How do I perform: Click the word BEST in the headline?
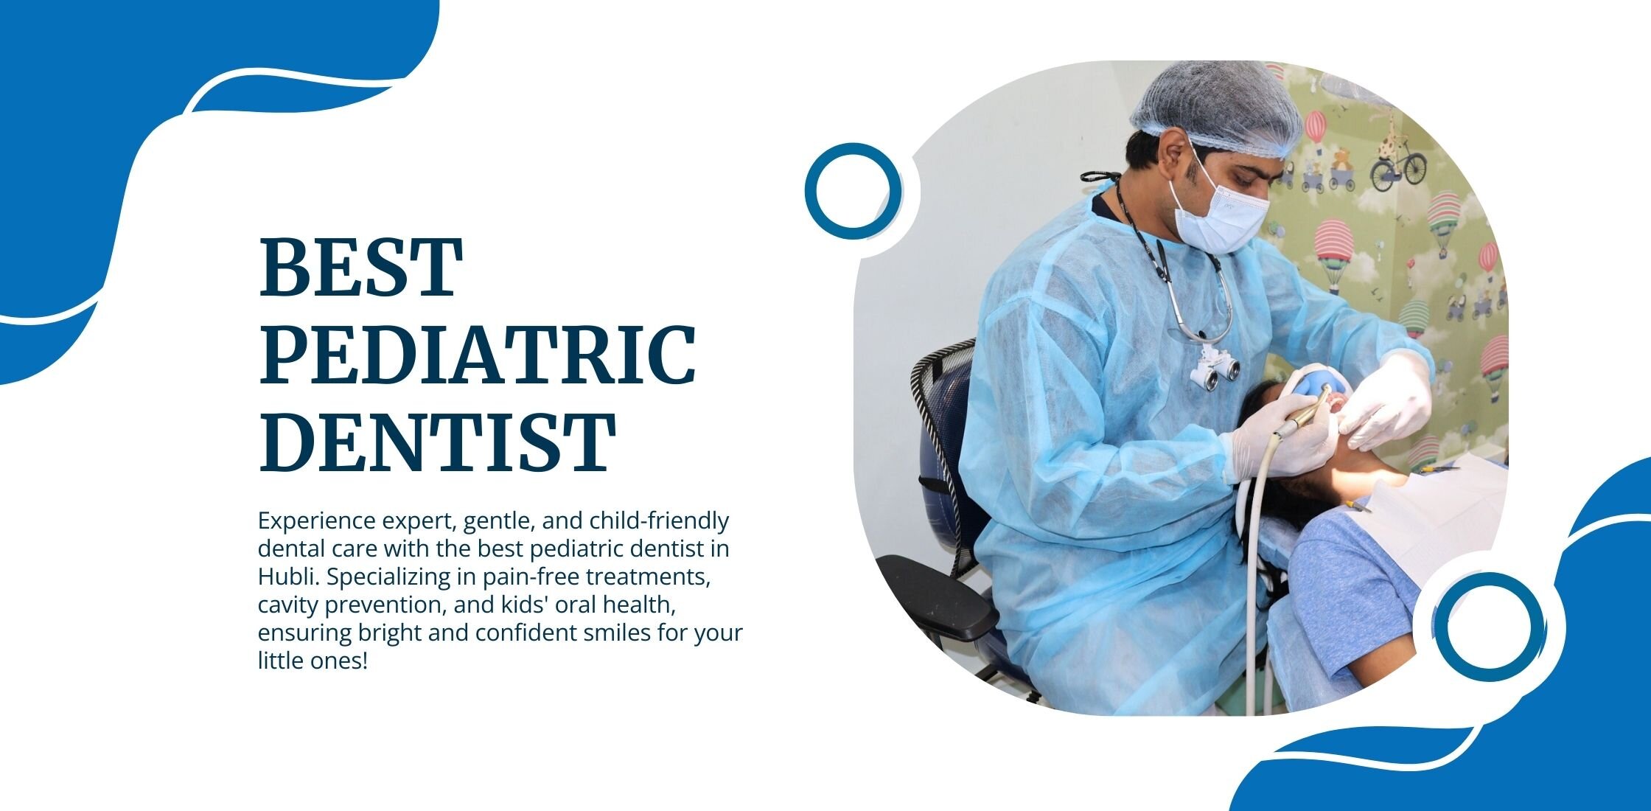click(x=361, y=267)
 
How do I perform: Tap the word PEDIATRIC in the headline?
click(x=478, y=355)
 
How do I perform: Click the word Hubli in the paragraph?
click(x=288, y=577)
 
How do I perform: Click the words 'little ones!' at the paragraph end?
click(x=312, y=661)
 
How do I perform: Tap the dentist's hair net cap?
click(x=1216, y=107)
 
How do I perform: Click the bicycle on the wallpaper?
click(x=1397, y=162)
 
